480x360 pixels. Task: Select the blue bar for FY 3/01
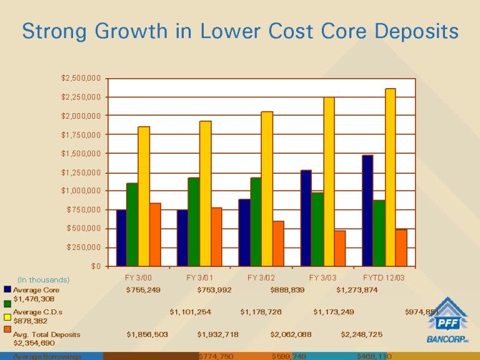click(182, 237)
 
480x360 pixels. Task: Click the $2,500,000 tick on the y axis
click(81, 78)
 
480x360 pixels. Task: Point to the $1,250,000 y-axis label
click(81, 172)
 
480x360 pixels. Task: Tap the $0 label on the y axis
click(96, 266)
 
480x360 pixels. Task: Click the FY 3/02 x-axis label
click(261, 277)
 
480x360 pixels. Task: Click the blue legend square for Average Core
click(7, 290)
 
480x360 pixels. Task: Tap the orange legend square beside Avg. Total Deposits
click(7, 329)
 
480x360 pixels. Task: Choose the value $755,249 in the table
click(143, 290)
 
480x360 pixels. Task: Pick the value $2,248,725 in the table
click(361, 334)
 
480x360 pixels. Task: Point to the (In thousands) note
click(43, 279)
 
